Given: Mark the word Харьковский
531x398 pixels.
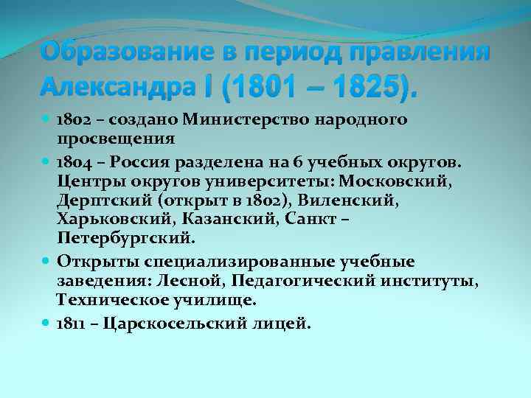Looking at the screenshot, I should (108, 220).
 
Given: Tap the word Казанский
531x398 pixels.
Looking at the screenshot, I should (219, 220).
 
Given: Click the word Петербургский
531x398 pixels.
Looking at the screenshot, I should (126, 239).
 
